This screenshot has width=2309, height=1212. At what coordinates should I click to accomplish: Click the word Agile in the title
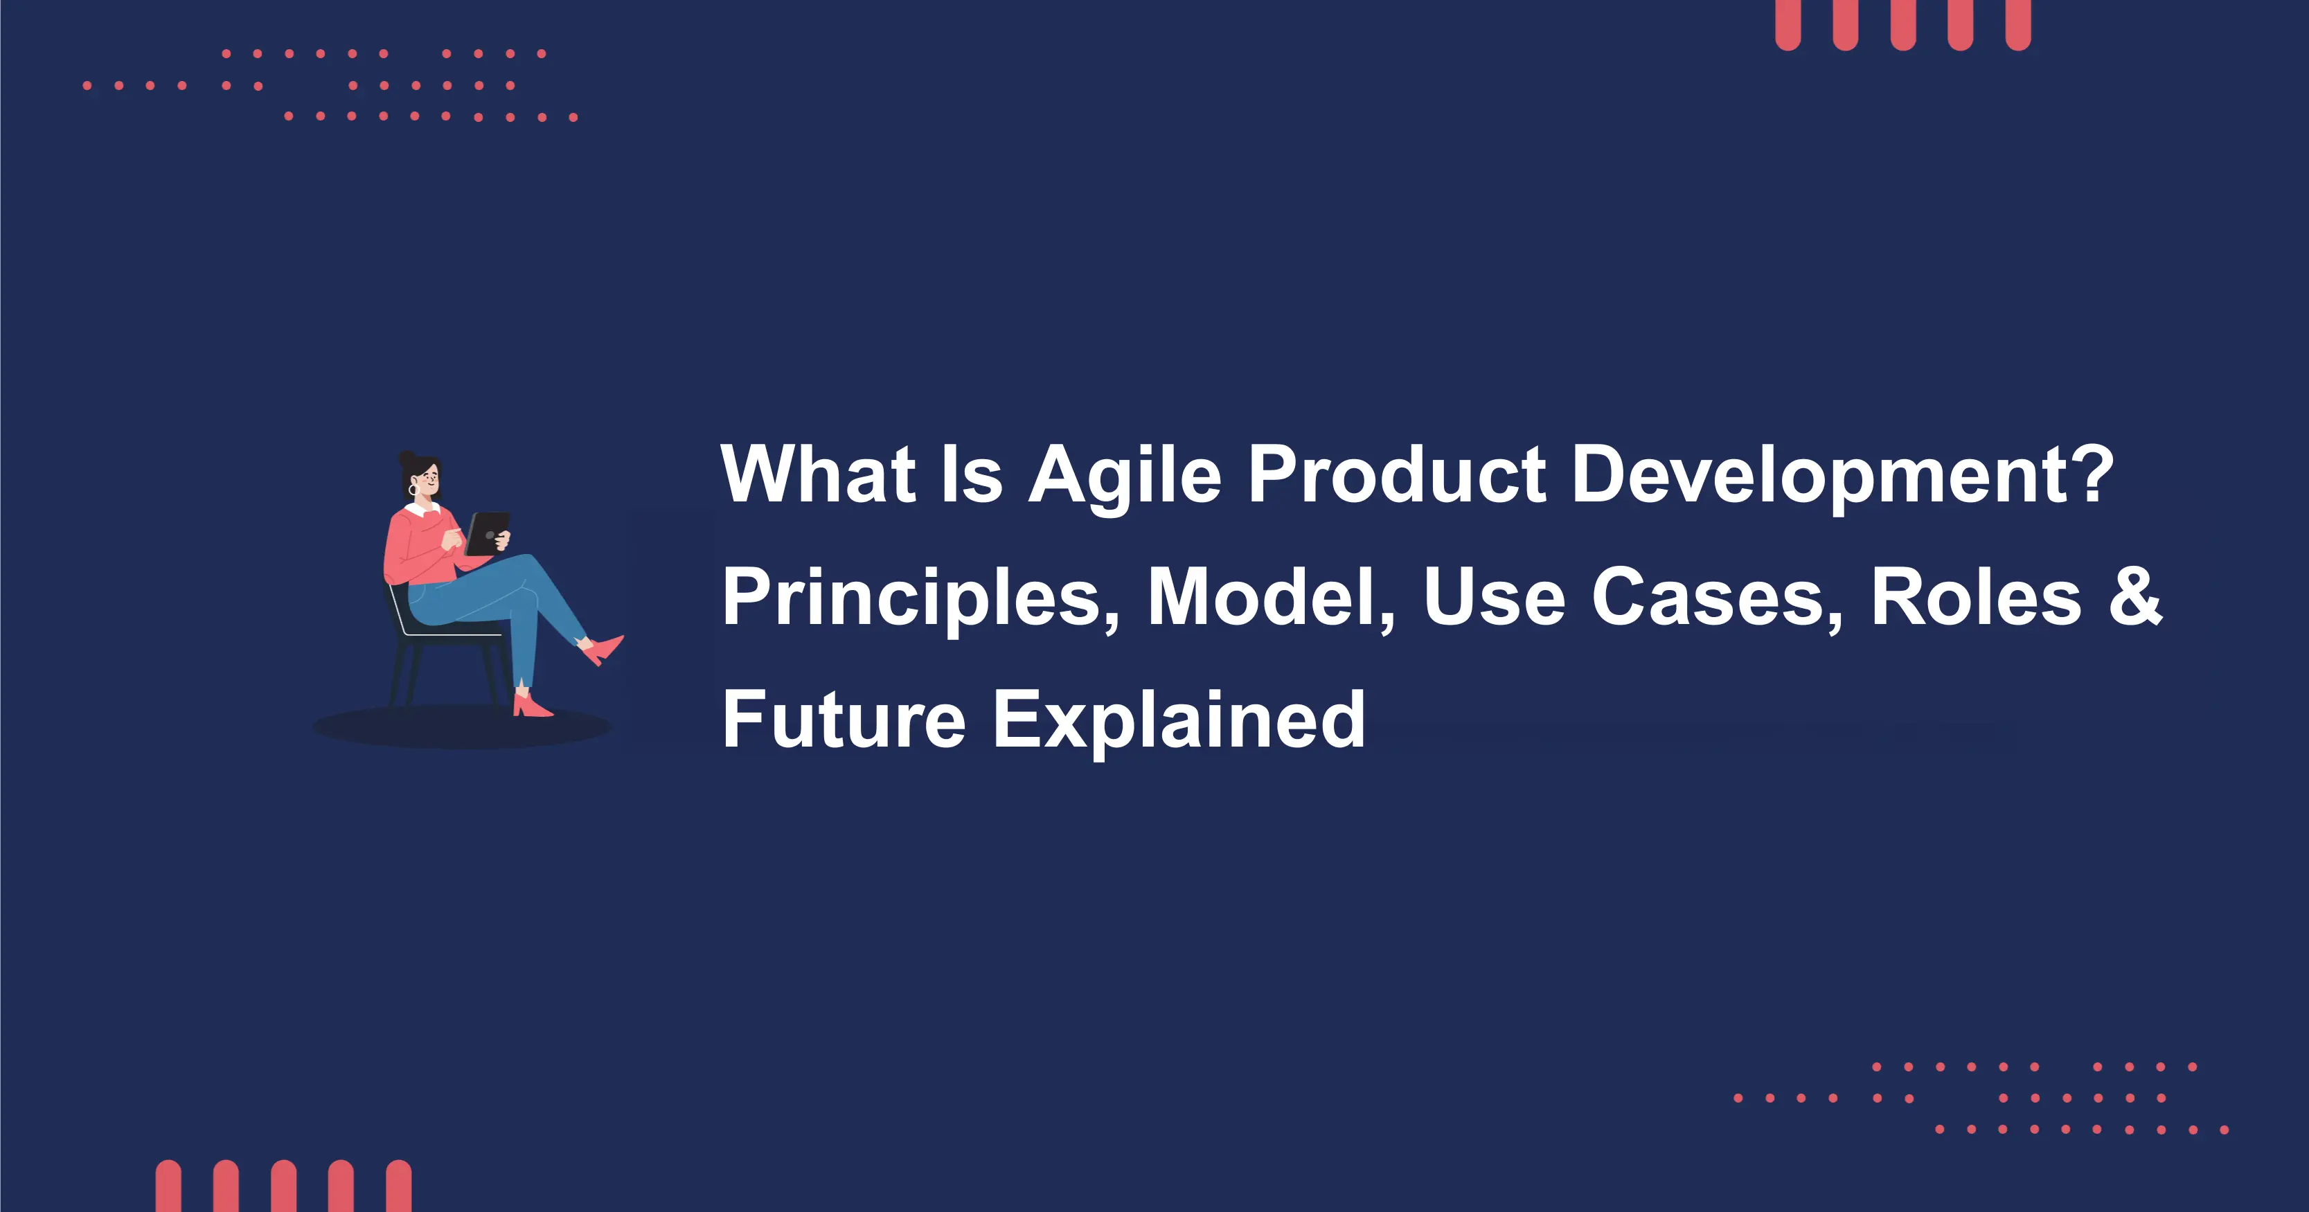(x=1125, y=475)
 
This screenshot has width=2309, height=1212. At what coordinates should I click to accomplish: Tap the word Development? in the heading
(x=1843, y=475)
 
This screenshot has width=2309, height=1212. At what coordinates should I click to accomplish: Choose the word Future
(x=844, y=719)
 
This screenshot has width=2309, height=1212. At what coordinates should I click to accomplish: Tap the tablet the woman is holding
(x=487, y=533)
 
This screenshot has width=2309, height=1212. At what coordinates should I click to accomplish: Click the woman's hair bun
(x=408, y=461)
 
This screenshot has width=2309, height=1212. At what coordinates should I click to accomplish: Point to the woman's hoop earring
(x=413, y=491)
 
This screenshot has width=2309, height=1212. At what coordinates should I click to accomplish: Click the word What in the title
(x=817, y=475)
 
